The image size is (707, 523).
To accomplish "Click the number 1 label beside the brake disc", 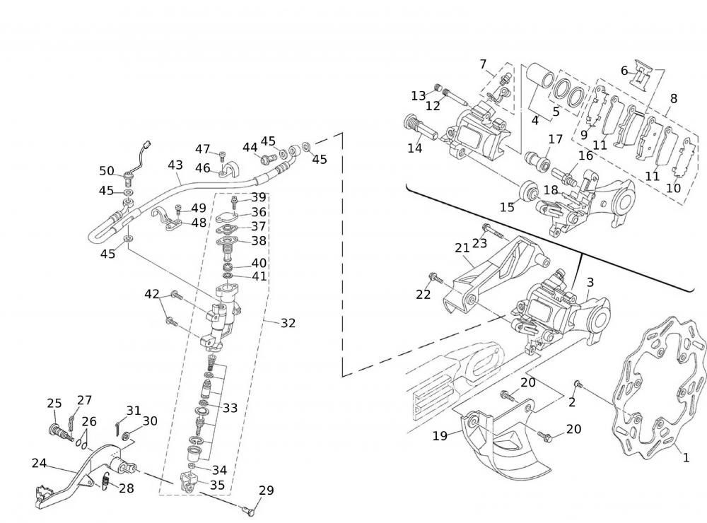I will click(x=685, y=457).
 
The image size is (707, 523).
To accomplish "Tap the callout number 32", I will click(x=288, y=323).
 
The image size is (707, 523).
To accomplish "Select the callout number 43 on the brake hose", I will click(x=175, y=165).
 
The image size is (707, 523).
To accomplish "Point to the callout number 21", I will click(x=462, y=247).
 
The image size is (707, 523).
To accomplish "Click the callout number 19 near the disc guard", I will click(x=440, y=436).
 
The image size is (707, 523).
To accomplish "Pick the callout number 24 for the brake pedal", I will click(x=40, y=464).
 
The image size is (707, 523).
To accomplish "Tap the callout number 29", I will click(x=266, y=490).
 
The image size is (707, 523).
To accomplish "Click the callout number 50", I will click(x=107, y=171).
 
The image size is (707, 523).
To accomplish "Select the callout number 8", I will click(x=673, y=99).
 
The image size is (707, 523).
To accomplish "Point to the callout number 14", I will click(x=414, y=148).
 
